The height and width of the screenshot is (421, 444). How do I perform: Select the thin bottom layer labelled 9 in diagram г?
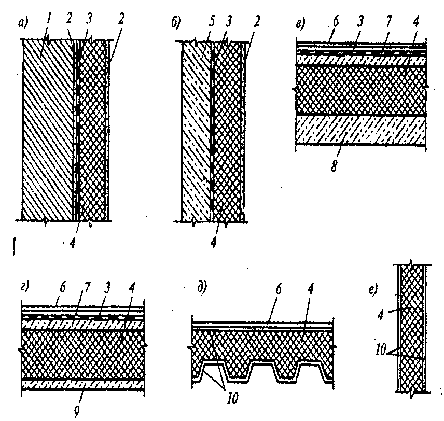pyautogui.click(x=83, y=384)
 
